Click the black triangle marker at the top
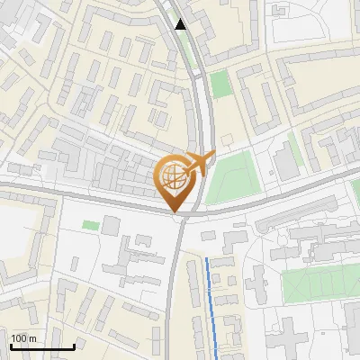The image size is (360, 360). coord(181,24)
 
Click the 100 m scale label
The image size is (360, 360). coord(22,337)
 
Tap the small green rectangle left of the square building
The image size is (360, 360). coord(90,224)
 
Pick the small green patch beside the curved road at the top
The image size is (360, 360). coord(220,85)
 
